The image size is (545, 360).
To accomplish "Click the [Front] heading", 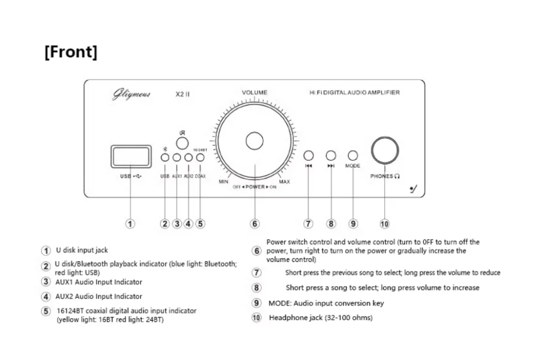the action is tap(71, 52).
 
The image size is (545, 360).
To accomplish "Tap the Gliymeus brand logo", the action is tap(131, 94).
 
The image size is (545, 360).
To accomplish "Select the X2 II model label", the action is tap(183, 94).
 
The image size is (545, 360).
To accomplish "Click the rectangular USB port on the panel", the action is tap(131, 156).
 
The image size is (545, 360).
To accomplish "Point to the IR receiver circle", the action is tap(182, 143).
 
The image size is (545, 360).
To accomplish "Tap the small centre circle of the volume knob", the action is tap(255, 141).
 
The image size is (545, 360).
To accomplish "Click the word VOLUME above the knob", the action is tap(255, 93).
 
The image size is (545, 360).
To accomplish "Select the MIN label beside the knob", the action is tap(223, 182).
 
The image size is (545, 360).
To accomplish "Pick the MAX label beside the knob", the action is tap(284, 182).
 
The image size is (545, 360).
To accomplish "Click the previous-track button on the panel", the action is tap(308, 155).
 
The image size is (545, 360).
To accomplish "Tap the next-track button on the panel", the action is tap(331, 155).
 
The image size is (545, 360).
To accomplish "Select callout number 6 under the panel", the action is tap(255, 224).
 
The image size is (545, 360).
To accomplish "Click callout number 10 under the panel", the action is tap(384, 224).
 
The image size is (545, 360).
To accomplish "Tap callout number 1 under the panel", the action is tap(130, 224).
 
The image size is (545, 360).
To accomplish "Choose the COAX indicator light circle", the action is tap(200, 157).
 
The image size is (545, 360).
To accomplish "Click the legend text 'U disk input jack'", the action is tap(82, 250).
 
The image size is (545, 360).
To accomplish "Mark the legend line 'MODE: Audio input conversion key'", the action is tap(326, 303).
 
